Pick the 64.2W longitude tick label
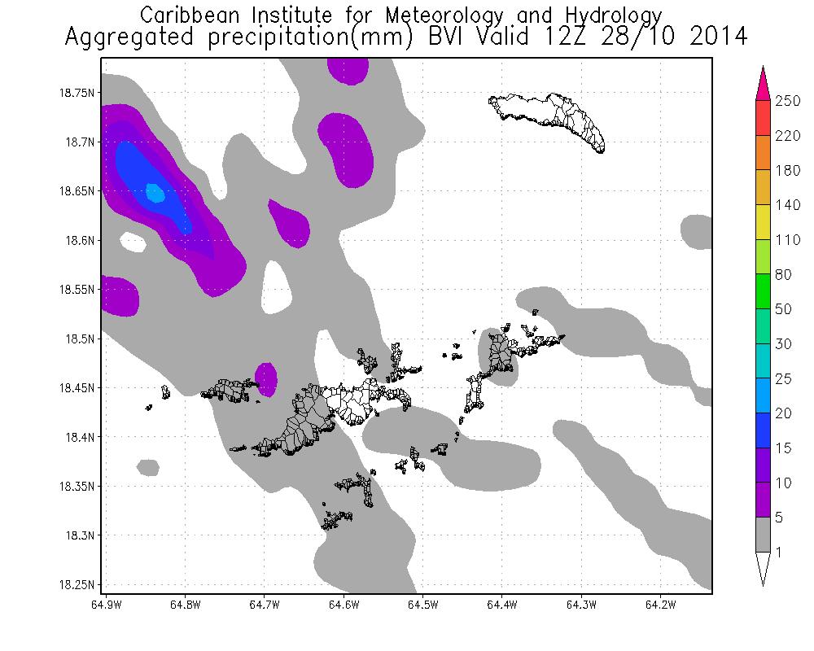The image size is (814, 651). click(659, 605)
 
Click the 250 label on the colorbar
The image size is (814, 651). click(789, 100)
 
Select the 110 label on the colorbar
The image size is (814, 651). click(789, 240)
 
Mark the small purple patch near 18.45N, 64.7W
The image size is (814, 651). click(265, 376)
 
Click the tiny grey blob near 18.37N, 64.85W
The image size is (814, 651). click(148, 467)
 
